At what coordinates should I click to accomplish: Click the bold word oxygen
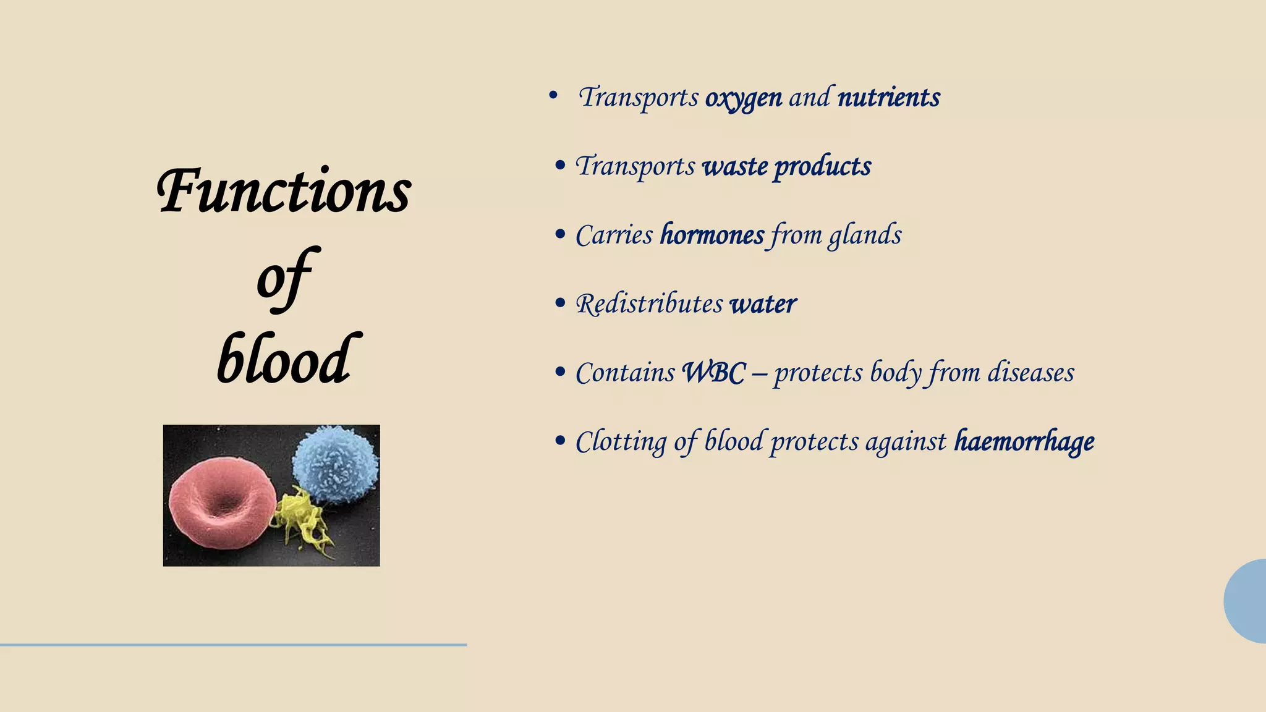[744, 98]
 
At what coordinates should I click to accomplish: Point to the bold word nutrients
[888, 98]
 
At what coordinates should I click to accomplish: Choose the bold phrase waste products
[787, 166]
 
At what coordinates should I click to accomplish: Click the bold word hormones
[712, 235]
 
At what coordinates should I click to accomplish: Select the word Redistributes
[649, 303]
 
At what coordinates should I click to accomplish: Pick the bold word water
[763, 303]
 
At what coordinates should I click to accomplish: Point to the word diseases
[1030, 373]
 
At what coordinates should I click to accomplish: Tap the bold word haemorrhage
[1024, 441]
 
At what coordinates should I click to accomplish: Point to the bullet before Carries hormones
[561, 235]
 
